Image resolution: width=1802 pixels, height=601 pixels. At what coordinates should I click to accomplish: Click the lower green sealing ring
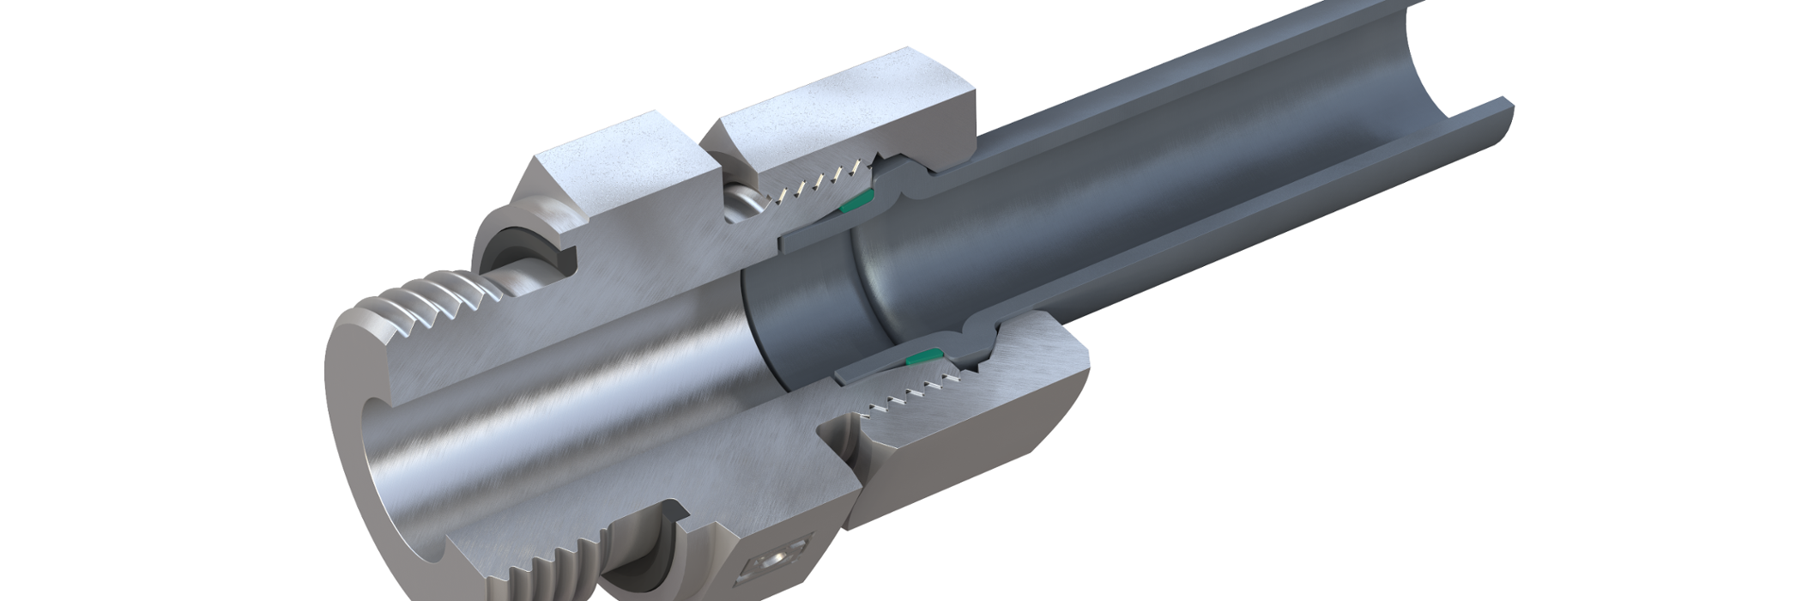tap(923, 354)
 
